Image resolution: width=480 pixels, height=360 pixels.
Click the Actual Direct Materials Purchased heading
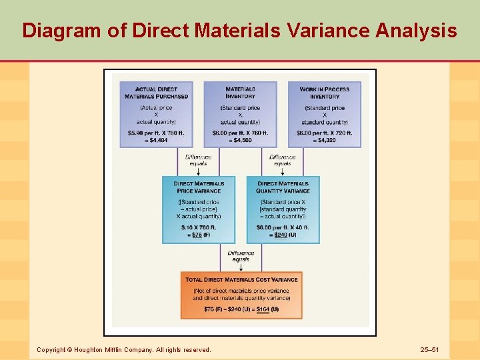click(x=156, y=93)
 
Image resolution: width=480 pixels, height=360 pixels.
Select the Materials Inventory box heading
click(x=240, y=93)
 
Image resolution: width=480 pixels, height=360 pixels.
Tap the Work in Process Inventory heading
click(x=325, y=93)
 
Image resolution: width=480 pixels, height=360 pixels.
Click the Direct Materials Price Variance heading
click(x=199, y=187)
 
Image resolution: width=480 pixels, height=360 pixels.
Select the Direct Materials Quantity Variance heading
click(x=283, y=187)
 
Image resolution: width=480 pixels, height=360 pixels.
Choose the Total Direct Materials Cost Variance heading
click(x=241, y=280)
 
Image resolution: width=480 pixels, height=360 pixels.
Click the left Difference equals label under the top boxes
click(x=198, y=160)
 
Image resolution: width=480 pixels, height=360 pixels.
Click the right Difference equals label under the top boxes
click(x=283, y=160)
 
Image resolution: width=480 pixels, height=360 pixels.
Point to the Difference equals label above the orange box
click(x=241, y=256)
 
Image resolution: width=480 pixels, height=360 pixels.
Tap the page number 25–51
click(x=433, y=349)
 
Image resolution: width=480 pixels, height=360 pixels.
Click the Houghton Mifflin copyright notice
click(x=123, y=349)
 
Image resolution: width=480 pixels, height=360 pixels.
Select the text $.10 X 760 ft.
click(x=199, y=227)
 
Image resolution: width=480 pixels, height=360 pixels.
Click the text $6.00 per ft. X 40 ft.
click(x=283, y=227)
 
